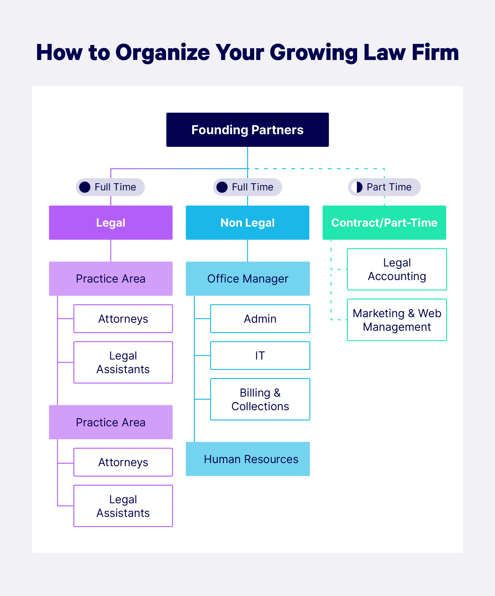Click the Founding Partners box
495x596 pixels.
(x=247, y=130)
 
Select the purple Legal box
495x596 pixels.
(x=111, y=223)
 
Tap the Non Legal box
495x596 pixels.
(x=247, y=223)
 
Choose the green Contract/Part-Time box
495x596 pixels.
(x=384, y=223)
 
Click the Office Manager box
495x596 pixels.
(x=247, y=279)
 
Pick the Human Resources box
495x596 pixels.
(x=247, y=459)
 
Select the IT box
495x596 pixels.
(x=260, y=355)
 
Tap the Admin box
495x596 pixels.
(x=260, y=319)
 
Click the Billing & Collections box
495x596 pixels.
(x=260, y=399)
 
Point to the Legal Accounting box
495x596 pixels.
(x=397, y=269)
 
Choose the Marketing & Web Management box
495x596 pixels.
(x=397, y=320)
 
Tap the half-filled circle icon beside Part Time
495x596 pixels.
(x=357, y=187)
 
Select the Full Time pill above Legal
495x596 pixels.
(x=110, y=187)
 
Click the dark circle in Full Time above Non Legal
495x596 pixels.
(x=222, y=187)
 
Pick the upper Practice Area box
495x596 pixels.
(x=111, y=279)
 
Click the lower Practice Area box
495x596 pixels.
(x=111, y=422)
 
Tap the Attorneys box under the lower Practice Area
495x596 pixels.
(x=123, y=462)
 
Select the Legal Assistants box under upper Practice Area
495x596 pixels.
(x=123, y=362)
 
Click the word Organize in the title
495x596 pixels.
(x=163, y=53)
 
